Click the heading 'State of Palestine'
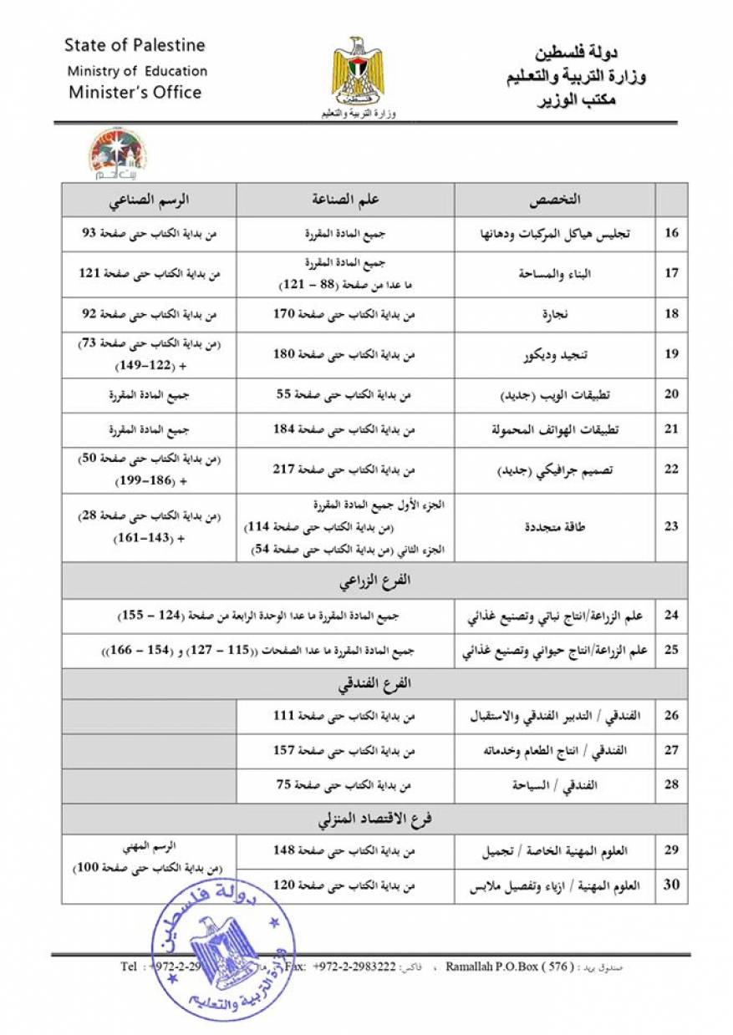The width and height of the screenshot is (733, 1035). [134, 45]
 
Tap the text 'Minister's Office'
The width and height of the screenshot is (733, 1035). [135, 92]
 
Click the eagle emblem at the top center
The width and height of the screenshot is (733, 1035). [359, 71]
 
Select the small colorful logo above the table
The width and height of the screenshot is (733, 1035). [117, 153]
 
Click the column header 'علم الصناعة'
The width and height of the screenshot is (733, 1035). [345, 200]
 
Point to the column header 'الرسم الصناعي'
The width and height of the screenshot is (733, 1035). [149, 200]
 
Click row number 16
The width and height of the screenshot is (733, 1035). [671, 233]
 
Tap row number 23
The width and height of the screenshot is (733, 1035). [671, 527]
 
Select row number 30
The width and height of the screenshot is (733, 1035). [671, 885]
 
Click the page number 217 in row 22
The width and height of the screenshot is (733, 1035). [287, 470]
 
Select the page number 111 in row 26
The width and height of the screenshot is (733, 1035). [285, 716]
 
